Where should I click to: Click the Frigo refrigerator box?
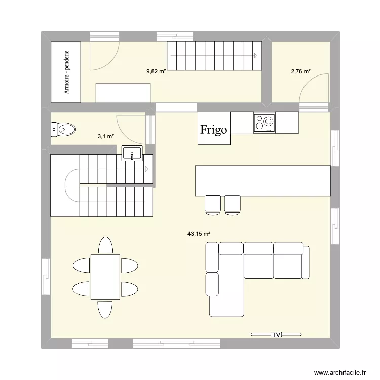(213, 129)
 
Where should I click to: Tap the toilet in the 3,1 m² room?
(63, 130)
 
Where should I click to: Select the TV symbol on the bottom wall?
(276, 334)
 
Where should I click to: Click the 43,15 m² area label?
(199, 234)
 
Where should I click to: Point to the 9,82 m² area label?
(157, 71)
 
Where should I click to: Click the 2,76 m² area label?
(300, 71)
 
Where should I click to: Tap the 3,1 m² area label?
(106, 136)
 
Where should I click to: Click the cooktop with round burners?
(264, 123)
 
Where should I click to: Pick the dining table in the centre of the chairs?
(105, 277)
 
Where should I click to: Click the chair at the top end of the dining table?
(105, 245)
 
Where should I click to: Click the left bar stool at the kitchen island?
(212, 203)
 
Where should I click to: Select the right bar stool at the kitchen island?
(233, 203)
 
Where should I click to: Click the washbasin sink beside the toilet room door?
(133, 153)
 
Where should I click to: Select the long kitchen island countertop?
(262, 180)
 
